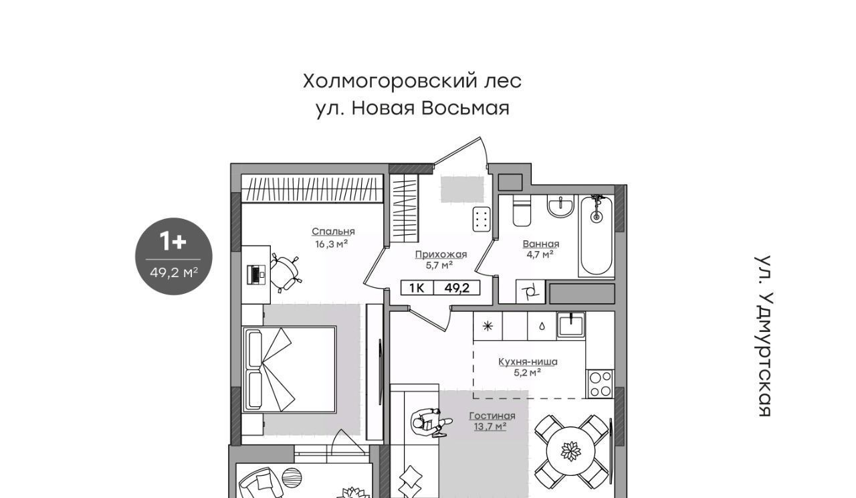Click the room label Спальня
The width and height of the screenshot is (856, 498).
pos(333,232)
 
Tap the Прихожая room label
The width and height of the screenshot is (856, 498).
pos(441,254)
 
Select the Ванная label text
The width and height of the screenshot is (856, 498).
pos(541,244)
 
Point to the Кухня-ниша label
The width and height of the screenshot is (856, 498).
pos(528,361)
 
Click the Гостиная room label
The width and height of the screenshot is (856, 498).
pos(492,416)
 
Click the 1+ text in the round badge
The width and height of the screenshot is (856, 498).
pos(173,242)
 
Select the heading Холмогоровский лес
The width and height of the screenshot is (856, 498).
pos(413,81)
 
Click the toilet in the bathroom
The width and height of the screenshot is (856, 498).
pos(522,210)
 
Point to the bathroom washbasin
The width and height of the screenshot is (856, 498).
pos(560,206)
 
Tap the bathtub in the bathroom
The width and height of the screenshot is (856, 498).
pos(596,236)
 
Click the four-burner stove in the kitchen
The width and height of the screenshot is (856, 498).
pos(600,384)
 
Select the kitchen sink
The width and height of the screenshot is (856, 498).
pos(570,325)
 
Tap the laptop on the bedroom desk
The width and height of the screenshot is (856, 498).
pos(257,274)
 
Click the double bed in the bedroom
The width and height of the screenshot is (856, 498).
pos(290,369)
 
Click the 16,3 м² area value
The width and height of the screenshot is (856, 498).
pos(331,244)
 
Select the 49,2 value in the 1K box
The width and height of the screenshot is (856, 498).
pos(457,288)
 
